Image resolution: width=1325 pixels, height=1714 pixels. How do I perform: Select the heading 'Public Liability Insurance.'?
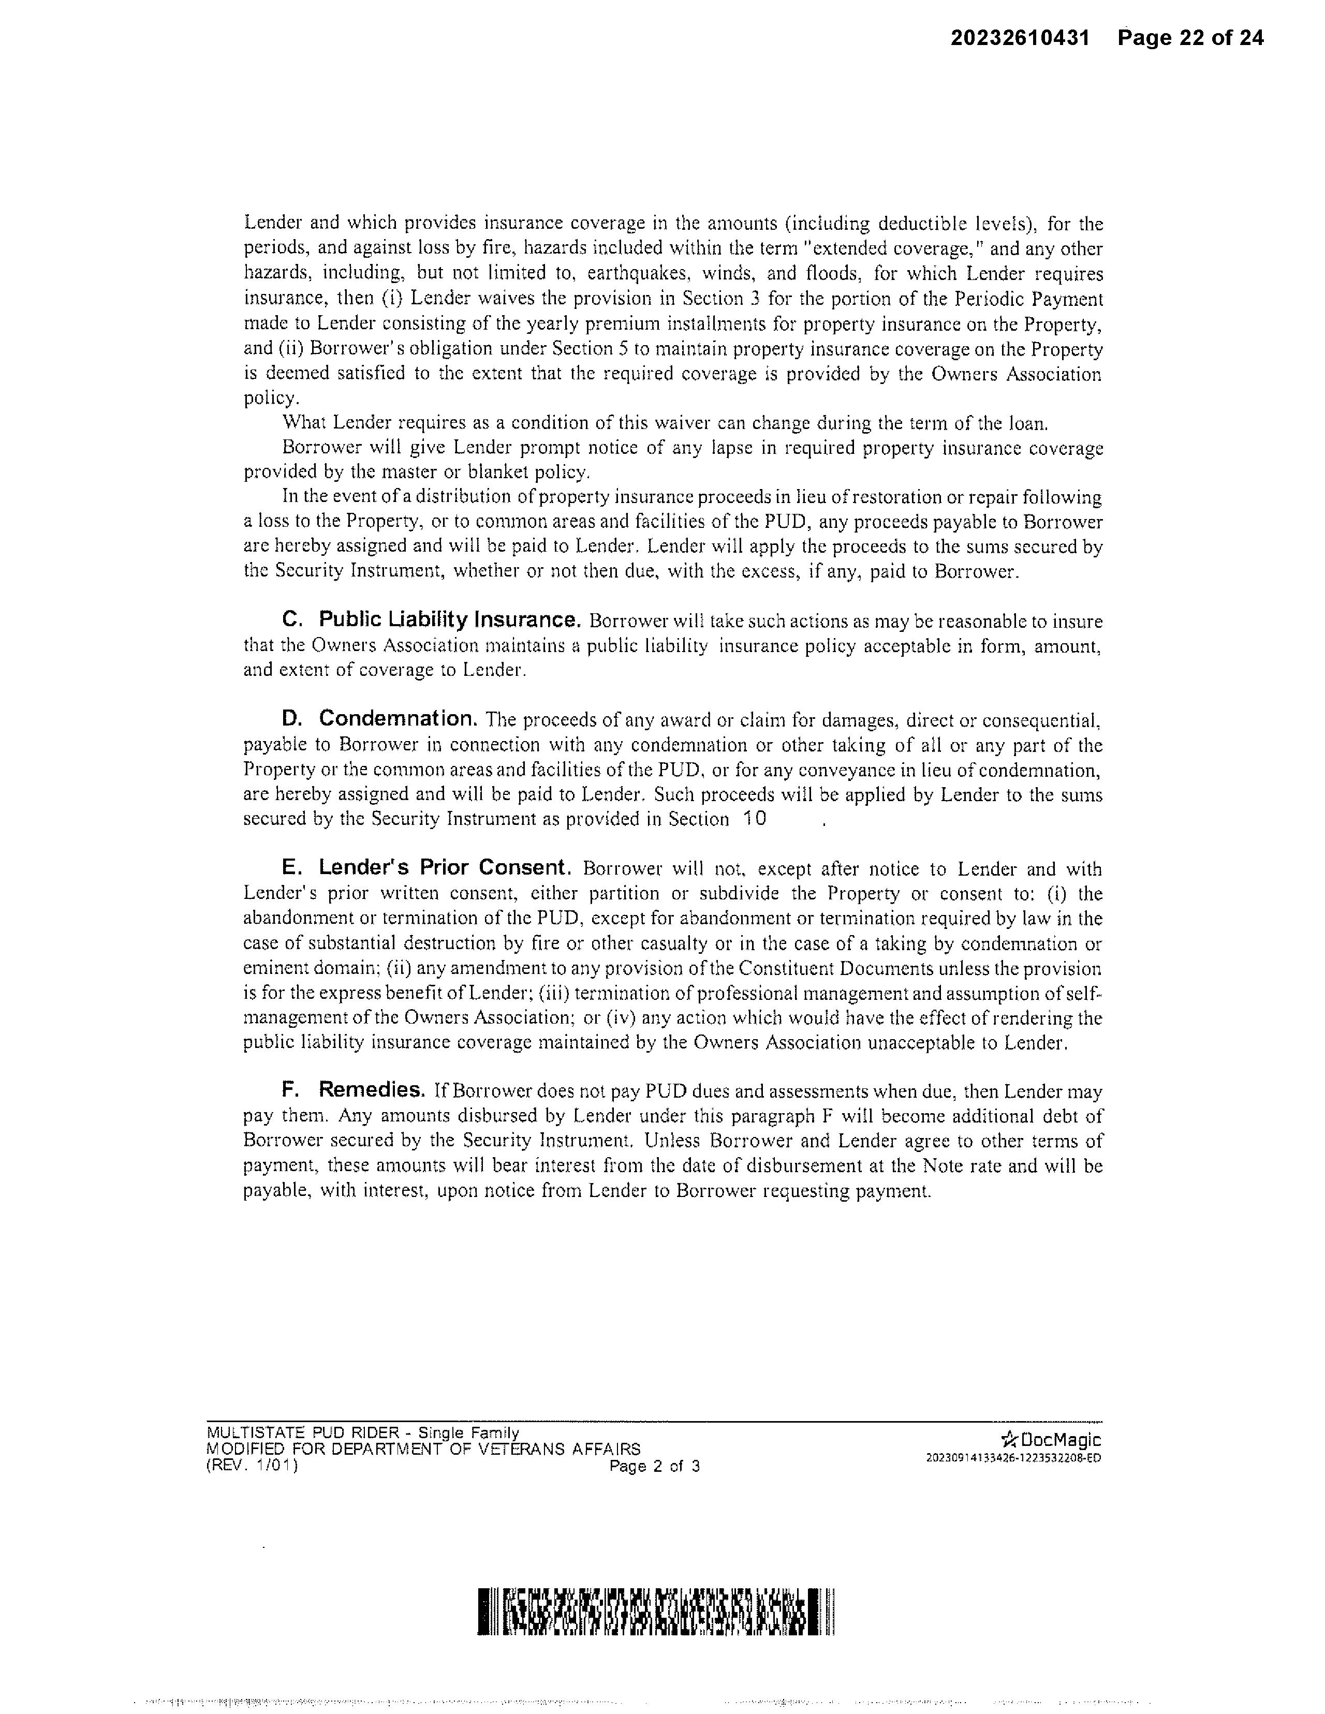click(x=450, y=620)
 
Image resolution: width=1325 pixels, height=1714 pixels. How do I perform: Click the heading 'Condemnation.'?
click(x=398, y=719)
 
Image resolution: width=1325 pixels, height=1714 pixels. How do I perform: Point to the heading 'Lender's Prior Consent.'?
click(x=444, y=868)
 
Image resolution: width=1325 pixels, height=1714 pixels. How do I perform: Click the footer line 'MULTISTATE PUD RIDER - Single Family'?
click(x=363, y=1433)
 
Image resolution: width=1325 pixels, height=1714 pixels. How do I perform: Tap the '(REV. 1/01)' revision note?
click(x=252, y=1465)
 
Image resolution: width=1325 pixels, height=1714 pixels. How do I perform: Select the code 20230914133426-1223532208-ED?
click(x=1013, y=1458)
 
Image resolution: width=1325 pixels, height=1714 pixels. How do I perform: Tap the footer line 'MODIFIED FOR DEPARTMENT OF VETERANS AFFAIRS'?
click(x=423, y=1449)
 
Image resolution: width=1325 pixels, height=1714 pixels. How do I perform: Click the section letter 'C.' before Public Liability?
click(x=292, y=620)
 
